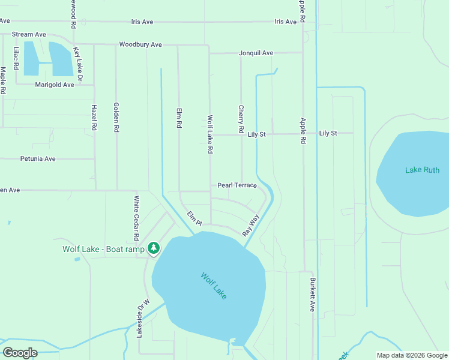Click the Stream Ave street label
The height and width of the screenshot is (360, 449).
coord(29,35)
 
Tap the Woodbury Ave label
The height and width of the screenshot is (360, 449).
coord(140,44)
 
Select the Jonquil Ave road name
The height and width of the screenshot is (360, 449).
coord(256,53)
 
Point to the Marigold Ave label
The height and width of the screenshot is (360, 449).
coord(55,85)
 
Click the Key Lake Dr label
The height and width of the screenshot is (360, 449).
coord(77,64)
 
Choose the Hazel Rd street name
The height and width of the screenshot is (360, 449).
coord(94,118)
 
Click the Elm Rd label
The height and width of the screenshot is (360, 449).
coord(179,118)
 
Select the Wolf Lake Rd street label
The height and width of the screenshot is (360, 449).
coord(210,135)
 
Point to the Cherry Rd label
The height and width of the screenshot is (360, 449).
coord(241,120)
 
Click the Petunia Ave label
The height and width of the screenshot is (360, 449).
coord(38,159)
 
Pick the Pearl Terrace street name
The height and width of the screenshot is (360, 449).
coord(237,185)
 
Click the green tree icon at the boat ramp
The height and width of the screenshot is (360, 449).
coord(154,247)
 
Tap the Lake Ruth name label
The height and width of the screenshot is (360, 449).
coord(422,170)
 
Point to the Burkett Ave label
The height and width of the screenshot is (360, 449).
coord(312,294)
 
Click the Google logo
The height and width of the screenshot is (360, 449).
coord(20,352)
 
